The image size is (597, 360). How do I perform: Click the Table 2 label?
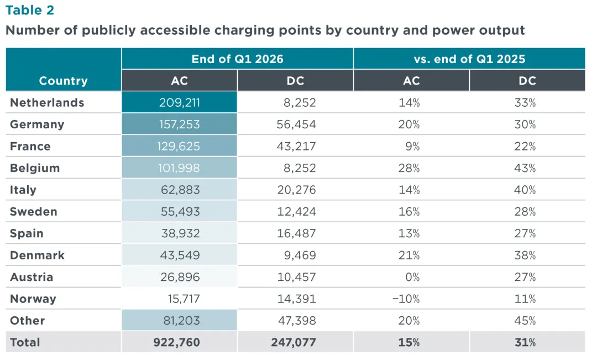point(30,11)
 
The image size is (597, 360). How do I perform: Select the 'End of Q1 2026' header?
point(237,59)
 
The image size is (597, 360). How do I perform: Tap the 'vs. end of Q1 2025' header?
point(469,59)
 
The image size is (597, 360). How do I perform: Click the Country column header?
point(63,81)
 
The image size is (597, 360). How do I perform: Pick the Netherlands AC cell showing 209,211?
point(179,102)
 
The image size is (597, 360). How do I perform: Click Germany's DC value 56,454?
point(296,124)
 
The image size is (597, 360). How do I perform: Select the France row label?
point(30,147)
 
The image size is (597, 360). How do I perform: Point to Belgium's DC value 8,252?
point(300,168)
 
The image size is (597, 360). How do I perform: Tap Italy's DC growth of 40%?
point(525,190)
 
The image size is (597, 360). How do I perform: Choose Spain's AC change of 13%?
point(409,233)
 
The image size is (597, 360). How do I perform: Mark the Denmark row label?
point(38,255)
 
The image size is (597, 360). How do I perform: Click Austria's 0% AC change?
point(412,277)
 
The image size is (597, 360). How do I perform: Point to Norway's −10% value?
point(406,299)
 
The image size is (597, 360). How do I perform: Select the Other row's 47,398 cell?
point(297,320)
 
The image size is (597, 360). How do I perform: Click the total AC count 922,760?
point(177,342)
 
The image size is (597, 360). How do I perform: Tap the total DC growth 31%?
point(525,342)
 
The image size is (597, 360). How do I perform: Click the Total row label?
point(25,342)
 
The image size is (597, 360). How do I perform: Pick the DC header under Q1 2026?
point(295,81)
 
